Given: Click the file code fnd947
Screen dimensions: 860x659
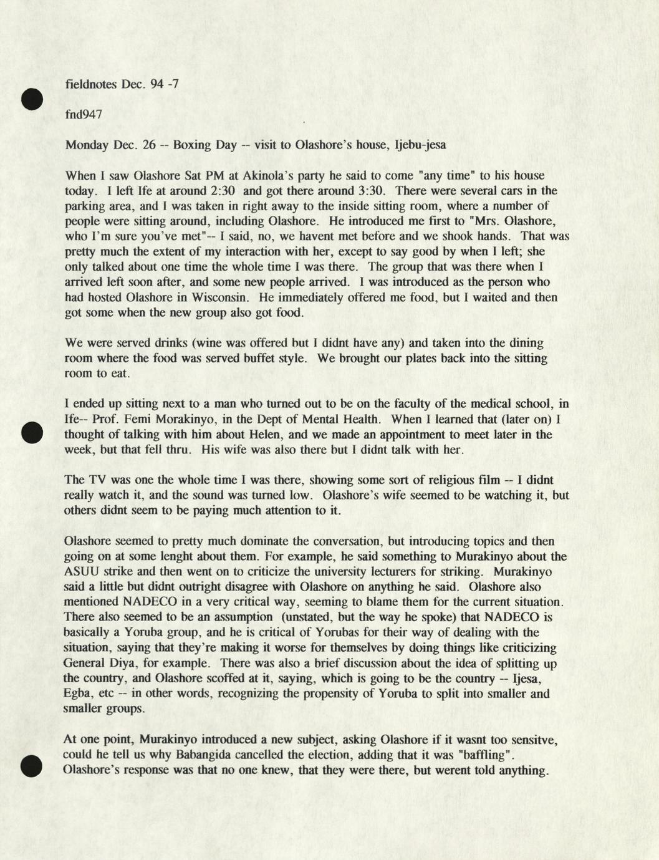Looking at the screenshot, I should point(84,114).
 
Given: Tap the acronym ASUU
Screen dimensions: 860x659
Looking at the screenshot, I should point(80,572).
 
